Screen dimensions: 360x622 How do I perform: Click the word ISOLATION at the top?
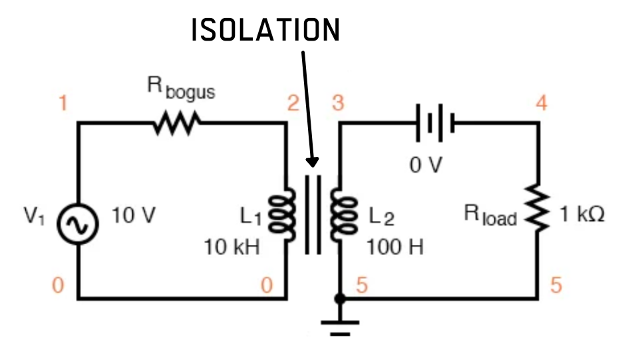pos(265,31)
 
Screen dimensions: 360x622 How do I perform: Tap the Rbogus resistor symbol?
pos(176,123)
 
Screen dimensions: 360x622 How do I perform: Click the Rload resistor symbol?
pos(538,210)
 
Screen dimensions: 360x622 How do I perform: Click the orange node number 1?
pos(63,104)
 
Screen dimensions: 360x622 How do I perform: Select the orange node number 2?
pos(293,104)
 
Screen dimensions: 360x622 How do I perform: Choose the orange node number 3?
pos(339,104)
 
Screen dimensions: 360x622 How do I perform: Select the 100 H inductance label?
pos(394,248)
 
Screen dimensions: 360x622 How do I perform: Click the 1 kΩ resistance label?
pos(582,216)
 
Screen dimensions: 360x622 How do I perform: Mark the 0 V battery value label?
pos(425,164)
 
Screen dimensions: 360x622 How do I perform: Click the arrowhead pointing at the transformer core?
pos(311,162)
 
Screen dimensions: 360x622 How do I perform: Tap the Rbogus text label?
pos(181,89)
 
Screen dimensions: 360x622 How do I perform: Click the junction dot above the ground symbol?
pos(339,299)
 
